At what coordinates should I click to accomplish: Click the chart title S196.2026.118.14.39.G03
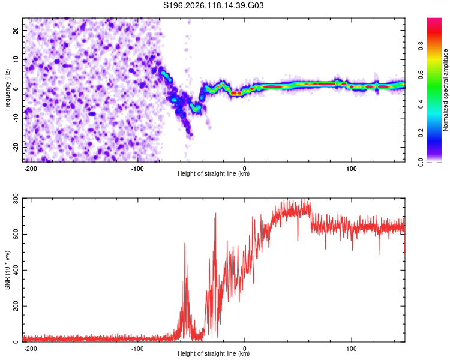point(213,5)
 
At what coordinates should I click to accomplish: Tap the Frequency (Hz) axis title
point(7,90)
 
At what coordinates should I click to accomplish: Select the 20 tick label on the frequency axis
point(16,31)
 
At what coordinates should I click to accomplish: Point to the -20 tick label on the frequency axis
point(16,147)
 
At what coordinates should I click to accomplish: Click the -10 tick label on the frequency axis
point(16,118)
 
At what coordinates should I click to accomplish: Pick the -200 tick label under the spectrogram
point(31,169)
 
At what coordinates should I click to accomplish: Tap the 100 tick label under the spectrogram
point(351,169)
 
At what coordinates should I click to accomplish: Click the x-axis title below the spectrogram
point(214,173)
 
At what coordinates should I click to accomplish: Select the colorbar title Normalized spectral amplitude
point(445,90)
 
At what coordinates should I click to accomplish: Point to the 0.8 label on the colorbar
point(421,46)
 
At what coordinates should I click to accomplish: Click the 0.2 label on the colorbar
point(421,133)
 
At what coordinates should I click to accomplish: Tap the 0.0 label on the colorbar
point(421,162)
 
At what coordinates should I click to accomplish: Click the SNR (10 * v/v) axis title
point(7,270)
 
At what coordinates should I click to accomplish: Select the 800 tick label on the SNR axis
point(16,199)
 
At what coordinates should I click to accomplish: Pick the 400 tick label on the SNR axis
point(16,270)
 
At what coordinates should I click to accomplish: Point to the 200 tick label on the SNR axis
point(16,306)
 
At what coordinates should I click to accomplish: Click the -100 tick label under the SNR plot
point(137,349)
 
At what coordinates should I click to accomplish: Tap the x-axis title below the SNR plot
point(214,353)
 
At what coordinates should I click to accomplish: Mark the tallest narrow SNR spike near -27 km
point(215,214)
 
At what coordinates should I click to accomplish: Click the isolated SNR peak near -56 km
point(185,244)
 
